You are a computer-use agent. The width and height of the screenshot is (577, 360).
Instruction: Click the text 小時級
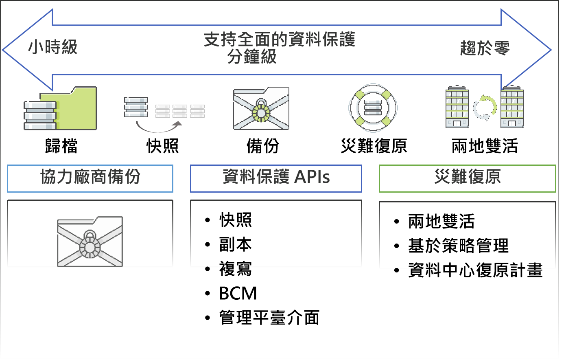(x=52, y=47)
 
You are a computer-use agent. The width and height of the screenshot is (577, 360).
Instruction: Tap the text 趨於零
(x=485, y=48)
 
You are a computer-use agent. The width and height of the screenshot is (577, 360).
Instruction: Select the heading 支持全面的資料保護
(x=279, y=40)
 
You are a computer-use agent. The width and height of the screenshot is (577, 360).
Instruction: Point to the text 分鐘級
(x=252, y=57)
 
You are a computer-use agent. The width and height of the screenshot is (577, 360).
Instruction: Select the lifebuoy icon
(x=373, y=108)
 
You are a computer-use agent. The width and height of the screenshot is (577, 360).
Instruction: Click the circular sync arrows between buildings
(x=485, y=108)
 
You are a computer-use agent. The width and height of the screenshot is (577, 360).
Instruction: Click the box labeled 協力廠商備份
(x=90, y=178)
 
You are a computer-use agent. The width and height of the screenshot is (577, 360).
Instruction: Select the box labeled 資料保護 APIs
(x=276, y=178)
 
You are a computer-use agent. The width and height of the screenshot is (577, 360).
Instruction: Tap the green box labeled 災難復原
(x=467, y=178)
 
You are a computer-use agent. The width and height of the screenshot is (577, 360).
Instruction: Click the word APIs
(x=312, y=177)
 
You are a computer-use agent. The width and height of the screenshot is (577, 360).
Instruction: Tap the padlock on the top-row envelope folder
(x=261, y=110)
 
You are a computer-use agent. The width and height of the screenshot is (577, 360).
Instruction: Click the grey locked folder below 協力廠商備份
(x=90, y=242)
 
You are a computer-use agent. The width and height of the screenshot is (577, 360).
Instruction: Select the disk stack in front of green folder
(x=40, y=116)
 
